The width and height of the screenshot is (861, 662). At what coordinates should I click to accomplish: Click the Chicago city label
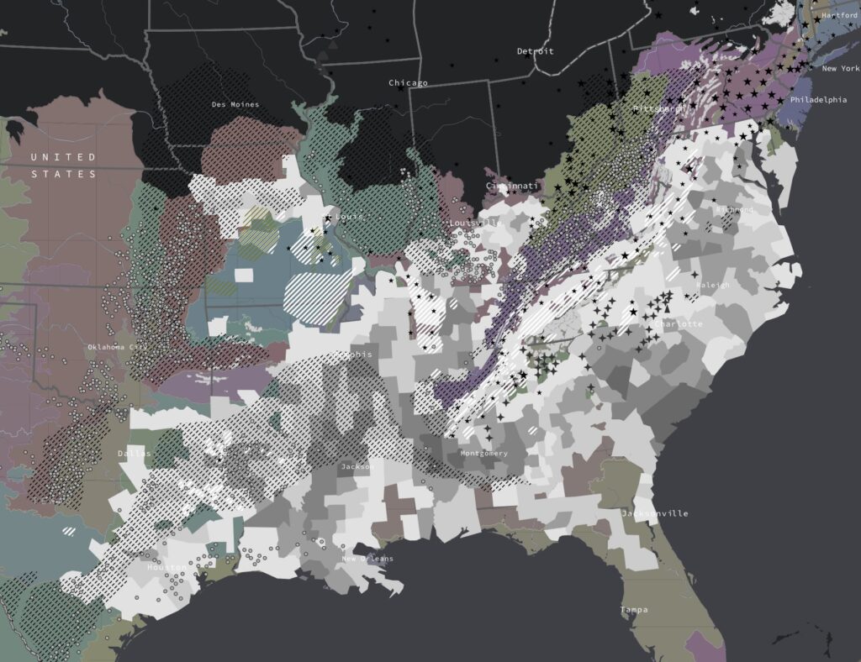click(408, 83)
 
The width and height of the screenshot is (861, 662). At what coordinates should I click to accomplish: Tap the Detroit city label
click(536, 51)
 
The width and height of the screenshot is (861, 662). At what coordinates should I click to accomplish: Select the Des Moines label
click(235, 105)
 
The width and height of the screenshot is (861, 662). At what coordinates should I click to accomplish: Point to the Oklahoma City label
click(117, 347)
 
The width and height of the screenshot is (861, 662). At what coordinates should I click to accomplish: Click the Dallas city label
click(135, 454)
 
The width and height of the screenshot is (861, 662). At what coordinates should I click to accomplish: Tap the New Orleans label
click(367, 559)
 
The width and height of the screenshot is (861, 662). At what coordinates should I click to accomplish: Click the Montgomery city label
click(484, 454)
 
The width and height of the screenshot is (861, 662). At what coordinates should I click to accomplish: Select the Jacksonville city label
click(654, 513)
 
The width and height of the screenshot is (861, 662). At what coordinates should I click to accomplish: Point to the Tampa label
click(634, 609)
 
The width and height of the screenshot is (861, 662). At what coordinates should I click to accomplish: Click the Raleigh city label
click(713, 286)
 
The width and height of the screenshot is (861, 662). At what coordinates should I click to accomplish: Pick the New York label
click(840, 69)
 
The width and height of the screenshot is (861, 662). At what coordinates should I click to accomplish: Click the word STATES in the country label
click(64, 174)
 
